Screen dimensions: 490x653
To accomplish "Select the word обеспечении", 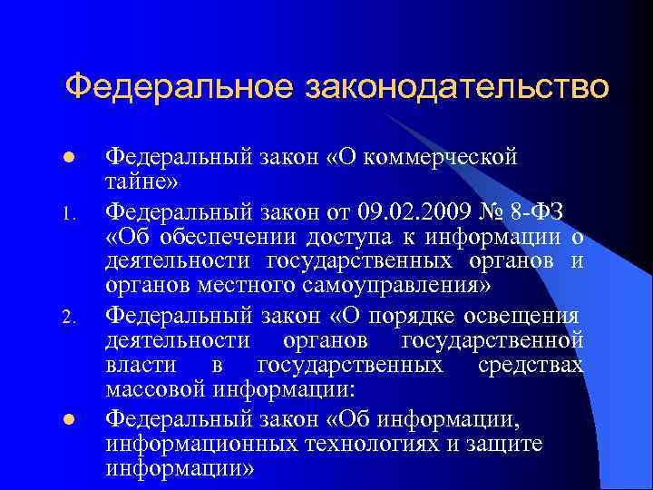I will click(219, 238).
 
